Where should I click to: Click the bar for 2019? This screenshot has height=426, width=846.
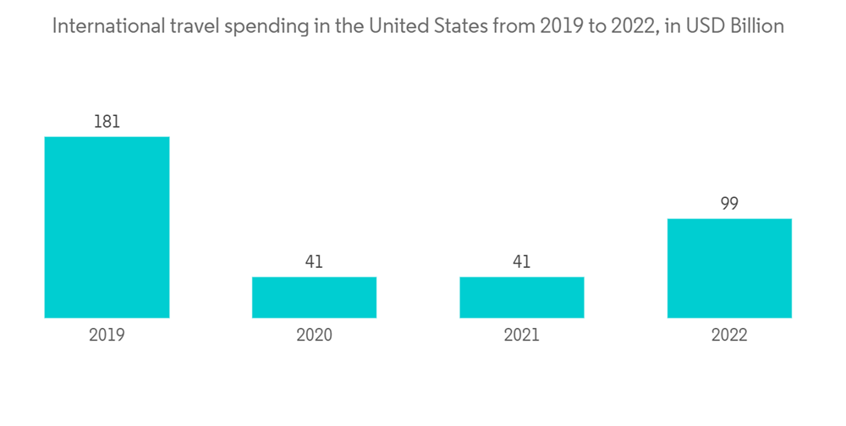pos(107,227)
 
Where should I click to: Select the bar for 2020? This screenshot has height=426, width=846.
pos(314,298)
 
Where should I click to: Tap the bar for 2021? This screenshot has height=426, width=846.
pos(522,298)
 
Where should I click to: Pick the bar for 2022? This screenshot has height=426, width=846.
pos(729,268)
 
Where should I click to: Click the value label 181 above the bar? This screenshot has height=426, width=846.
pos(107,122)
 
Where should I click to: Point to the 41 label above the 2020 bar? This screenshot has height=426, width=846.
pos(314,262)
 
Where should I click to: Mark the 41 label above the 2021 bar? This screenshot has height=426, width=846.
pos(522,262)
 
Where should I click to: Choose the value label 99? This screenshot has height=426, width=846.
pos(729,204)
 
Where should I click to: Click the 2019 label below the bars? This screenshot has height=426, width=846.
pos(107,336)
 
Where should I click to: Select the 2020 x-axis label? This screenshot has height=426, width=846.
pos(314,336)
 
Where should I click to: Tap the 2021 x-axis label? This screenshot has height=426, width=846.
pos(522,336)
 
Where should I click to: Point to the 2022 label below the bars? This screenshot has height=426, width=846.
pos(729,336)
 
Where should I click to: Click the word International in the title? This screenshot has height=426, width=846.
pos(103,26)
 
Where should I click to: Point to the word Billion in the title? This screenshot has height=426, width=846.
pos(757,26)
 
